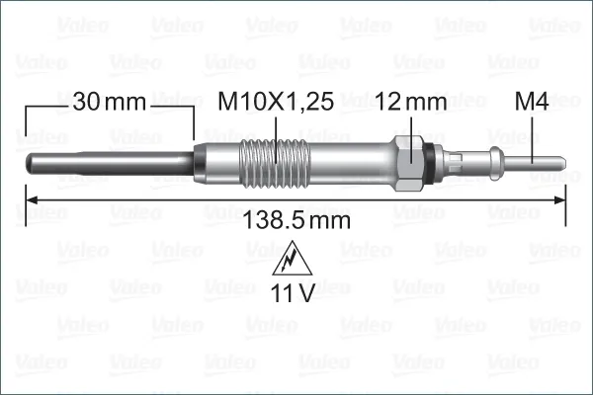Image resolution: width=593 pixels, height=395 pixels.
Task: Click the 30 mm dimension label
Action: pos(109,101)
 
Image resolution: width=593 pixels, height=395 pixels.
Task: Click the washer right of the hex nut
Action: pos(427,161)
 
